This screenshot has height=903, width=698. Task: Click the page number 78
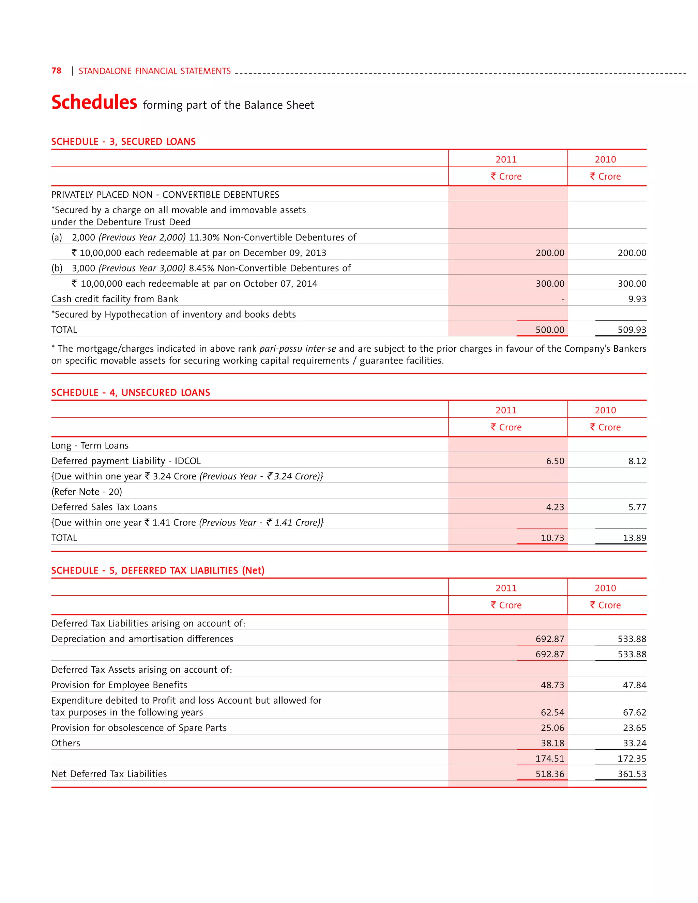56,71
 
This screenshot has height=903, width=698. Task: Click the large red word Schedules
94,102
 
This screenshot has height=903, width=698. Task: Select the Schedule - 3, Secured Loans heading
123,141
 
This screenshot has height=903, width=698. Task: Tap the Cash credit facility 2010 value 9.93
637,299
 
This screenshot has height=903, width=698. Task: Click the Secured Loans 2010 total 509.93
632,330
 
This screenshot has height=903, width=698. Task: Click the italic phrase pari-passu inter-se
297,349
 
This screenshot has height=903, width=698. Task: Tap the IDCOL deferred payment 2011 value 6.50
555,461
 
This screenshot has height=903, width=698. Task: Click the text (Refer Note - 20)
87,492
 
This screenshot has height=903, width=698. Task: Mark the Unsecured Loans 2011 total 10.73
552,538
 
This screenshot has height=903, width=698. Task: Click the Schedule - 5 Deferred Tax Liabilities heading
157,570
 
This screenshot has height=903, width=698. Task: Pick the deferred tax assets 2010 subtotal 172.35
632,759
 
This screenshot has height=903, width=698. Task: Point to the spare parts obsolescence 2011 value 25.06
552,728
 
